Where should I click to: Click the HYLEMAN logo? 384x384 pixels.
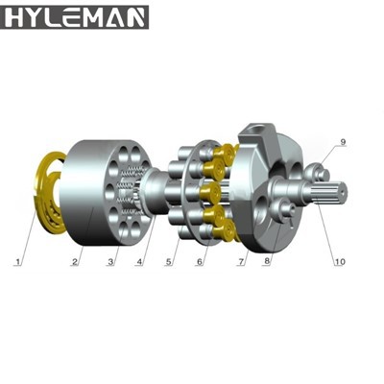click(x=75, y=16)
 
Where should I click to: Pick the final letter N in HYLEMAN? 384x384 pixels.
click(x=135, y=16)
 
